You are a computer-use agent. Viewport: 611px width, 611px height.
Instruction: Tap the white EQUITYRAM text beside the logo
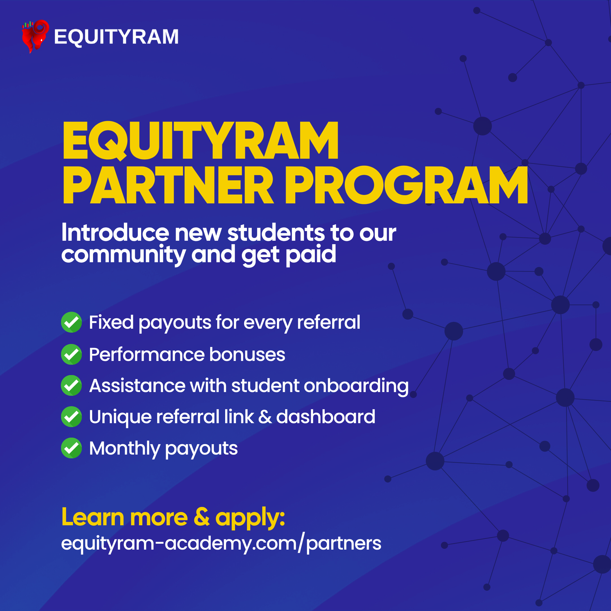coord(116,37)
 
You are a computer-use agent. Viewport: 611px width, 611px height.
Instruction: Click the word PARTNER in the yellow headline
coord(168,185)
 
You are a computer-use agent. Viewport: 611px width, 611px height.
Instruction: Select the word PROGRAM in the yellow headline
coord(406,185)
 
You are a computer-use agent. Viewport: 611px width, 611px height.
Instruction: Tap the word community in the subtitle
coord(123,255)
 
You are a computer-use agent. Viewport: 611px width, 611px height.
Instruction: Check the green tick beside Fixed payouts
coord(72,322)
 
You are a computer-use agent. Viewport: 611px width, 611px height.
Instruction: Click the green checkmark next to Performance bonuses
coord(72,354)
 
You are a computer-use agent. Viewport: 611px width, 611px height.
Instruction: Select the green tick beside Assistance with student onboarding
coord(72,386)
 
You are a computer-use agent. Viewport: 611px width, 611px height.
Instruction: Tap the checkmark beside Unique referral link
coord(72,416)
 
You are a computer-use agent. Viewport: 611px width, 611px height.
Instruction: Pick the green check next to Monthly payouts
coord(72,448)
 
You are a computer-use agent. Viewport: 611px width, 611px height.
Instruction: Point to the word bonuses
coord(247,354)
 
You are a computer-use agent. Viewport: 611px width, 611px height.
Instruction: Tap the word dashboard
coord(326,416)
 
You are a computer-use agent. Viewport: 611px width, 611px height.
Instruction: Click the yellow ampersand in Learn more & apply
coord(201,517)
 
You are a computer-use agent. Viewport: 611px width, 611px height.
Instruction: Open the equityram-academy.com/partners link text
coord(221,543)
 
